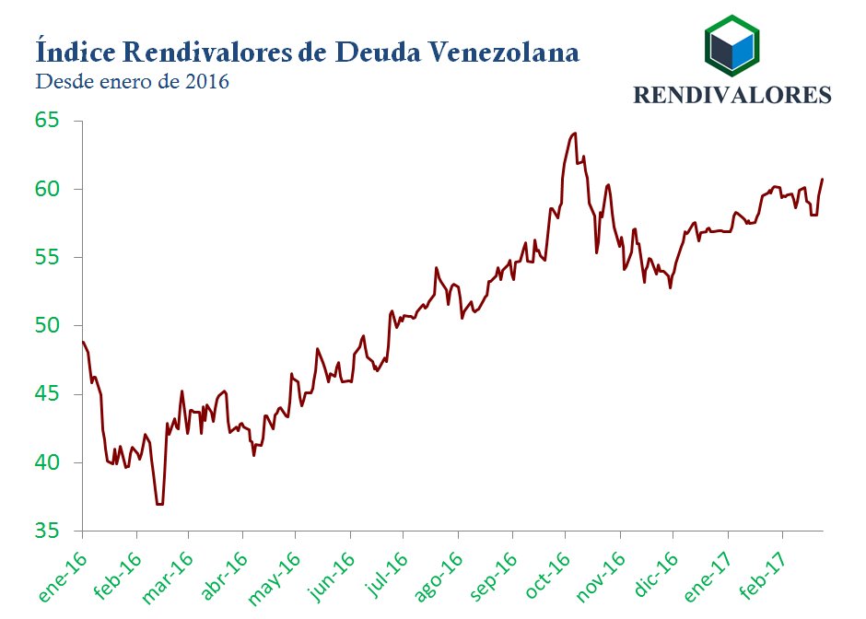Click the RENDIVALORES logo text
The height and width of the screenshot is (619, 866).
tap(732, 95)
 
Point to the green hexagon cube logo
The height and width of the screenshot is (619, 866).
tap(732, 44)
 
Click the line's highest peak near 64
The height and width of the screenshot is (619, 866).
tap(575, 133)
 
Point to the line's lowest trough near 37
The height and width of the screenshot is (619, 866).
tap(160, 504)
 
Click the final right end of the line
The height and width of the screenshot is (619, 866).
tap(822, 179)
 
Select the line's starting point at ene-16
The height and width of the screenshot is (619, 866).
tap(83, 342)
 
